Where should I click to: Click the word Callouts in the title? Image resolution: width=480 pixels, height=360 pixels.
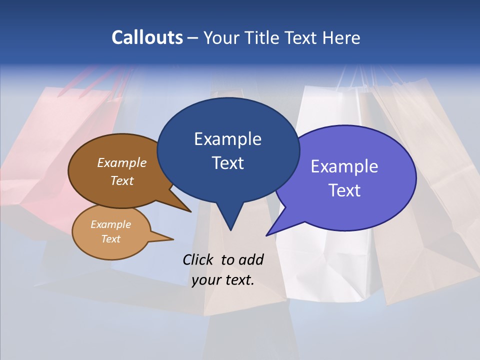pyautogui.click(x=147, y=37)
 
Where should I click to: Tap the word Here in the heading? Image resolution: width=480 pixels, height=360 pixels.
pyautogui.click(x=342, y=37)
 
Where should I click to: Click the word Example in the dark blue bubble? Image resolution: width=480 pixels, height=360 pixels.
pyautogui.click(x=227, y=139)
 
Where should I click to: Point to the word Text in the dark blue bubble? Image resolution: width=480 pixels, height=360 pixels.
pyautogui.click(x=227, y=163)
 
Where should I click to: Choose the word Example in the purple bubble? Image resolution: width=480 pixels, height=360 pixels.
pyautogui.click(x=344, y=166)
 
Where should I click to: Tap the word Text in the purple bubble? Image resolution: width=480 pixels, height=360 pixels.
pyautogui.click(x=344, y=190)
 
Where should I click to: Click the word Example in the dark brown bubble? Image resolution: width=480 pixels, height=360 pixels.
pyautogui.click(x=122, y=163)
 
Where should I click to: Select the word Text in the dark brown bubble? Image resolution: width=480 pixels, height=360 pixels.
pyautogui.click(x=122, y=180)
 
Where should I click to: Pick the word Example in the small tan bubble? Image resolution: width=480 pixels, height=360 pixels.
pyautogui.click(x=110, y=224)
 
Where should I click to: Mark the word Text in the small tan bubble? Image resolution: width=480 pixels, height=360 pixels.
pyautogui.click(x=110, y=239)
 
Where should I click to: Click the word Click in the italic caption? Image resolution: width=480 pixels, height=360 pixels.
pyautogui.click(x=198, y=259)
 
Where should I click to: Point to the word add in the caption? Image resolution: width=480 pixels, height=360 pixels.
pyautogui.click(x=250, y=259)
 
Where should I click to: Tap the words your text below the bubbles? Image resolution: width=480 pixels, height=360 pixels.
pyautogui.click(x=223, y=280)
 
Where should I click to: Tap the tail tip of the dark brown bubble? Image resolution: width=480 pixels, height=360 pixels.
pyautogui.click(x=190, y=211)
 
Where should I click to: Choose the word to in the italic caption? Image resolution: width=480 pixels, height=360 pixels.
pyautogui.click(x=227, y=259)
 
